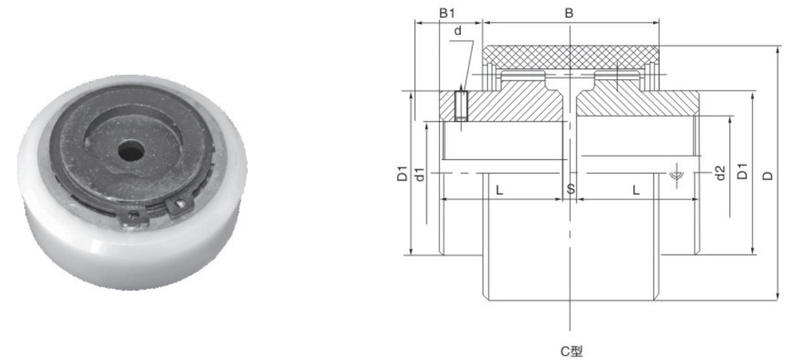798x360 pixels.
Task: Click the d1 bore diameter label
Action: point(420,174)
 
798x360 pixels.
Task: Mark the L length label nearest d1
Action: point(499,190)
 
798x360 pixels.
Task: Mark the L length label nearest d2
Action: point(636,190)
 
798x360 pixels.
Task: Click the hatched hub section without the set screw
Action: point(635,105)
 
